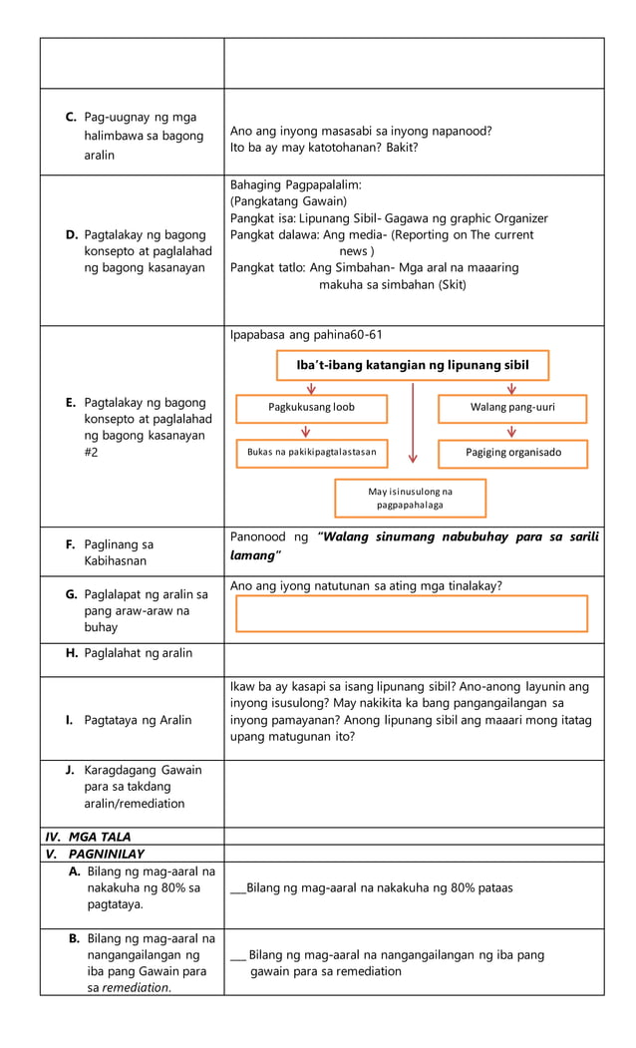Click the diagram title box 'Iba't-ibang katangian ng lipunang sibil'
[413, 365]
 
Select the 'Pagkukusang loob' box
[311, 408]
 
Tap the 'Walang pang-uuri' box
[512, 408]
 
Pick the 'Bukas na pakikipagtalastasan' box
[311, 453]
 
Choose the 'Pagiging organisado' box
[512, 453]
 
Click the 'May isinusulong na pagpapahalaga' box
[410, 498]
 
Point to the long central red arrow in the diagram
[413, 423]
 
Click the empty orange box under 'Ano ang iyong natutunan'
[412, 614]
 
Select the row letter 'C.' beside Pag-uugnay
[72, 118]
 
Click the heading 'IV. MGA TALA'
[89, 837]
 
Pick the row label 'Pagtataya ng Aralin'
[138, 720]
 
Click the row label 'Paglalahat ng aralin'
[138, 653]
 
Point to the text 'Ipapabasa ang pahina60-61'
[306, 334]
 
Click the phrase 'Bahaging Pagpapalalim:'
[295, 185]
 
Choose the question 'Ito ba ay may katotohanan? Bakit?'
[324, 148]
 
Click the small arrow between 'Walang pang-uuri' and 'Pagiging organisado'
[511, 431]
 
